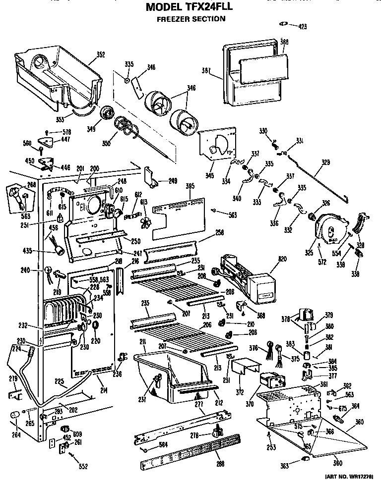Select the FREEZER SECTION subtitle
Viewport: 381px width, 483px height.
click(x=191, y=19)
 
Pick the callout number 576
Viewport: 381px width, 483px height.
click(x=66, y=132)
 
